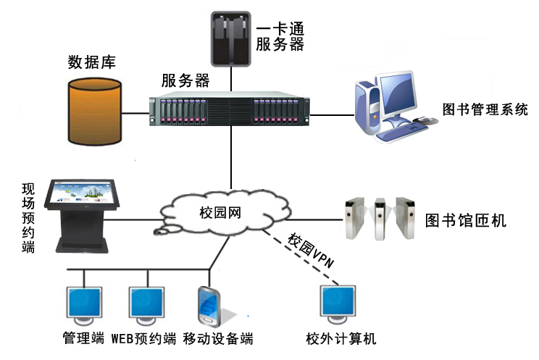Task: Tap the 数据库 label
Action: [x=91, y=61]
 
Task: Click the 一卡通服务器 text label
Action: [x=279, y=36]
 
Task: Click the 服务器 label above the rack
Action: [x=185, y=80]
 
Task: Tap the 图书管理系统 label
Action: [x=485, y=109]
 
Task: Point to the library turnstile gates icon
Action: [x=377, y=217]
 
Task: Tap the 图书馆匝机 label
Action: [x=466, y=220]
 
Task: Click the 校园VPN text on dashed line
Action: [x=311, y=251]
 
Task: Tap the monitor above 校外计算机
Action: [x=340, y=305]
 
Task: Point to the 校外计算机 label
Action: [x=340, y=338]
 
